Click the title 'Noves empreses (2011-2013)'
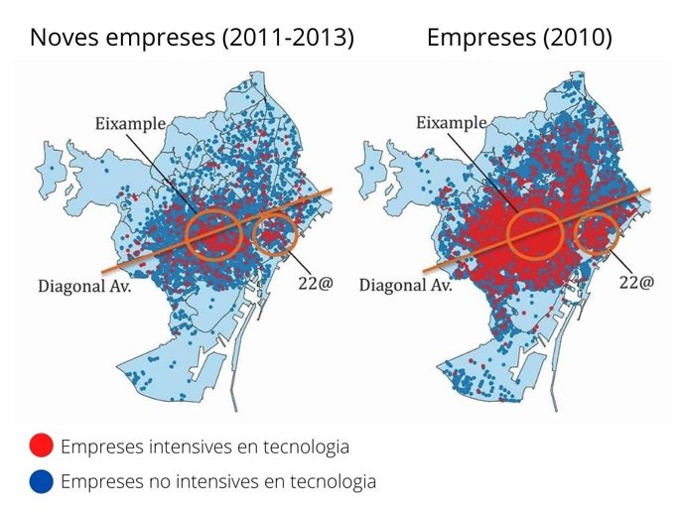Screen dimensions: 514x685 [192, 39]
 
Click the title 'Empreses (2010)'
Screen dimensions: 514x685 [519, 39]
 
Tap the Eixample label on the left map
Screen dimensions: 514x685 [129, 124]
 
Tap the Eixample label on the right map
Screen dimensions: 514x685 [452, 124]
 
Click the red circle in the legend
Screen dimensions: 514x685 [42, 447]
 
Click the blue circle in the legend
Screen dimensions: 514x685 [42, 482]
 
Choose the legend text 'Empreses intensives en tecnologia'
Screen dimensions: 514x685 [205, 447]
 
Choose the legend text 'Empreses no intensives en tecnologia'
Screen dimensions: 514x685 [218, 482]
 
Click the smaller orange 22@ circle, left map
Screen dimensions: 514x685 [274, 234]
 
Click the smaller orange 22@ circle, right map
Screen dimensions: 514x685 [597, 234]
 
